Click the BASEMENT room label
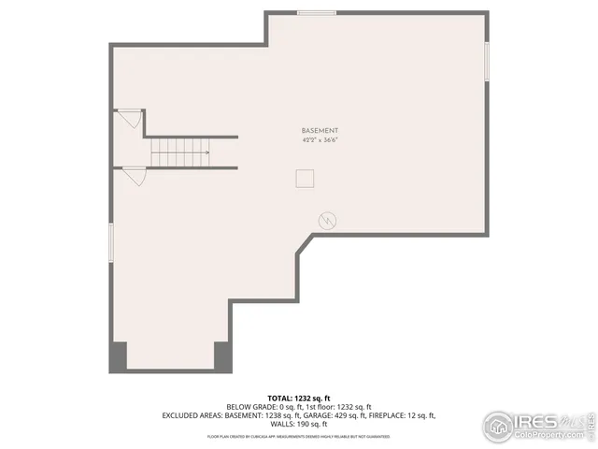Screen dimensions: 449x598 [320, 130]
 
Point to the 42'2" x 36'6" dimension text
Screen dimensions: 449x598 [320, 139]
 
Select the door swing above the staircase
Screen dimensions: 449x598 [129, 119]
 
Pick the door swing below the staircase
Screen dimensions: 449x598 [134, 175]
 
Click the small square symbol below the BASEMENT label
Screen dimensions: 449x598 [305, 178]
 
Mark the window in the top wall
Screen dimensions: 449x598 [317, 13]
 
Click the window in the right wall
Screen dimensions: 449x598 [487, 61]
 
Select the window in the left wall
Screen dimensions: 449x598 [112, 243]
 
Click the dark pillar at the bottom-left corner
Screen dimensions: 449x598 [118, 356]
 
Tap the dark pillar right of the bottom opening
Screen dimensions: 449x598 [222, 356]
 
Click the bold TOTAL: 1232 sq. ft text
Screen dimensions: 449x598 [298, 397]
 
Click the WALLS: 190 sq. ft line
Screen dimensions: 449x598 [298, 424]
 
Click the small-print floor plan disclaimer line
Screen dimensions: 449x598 [298, 436]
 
